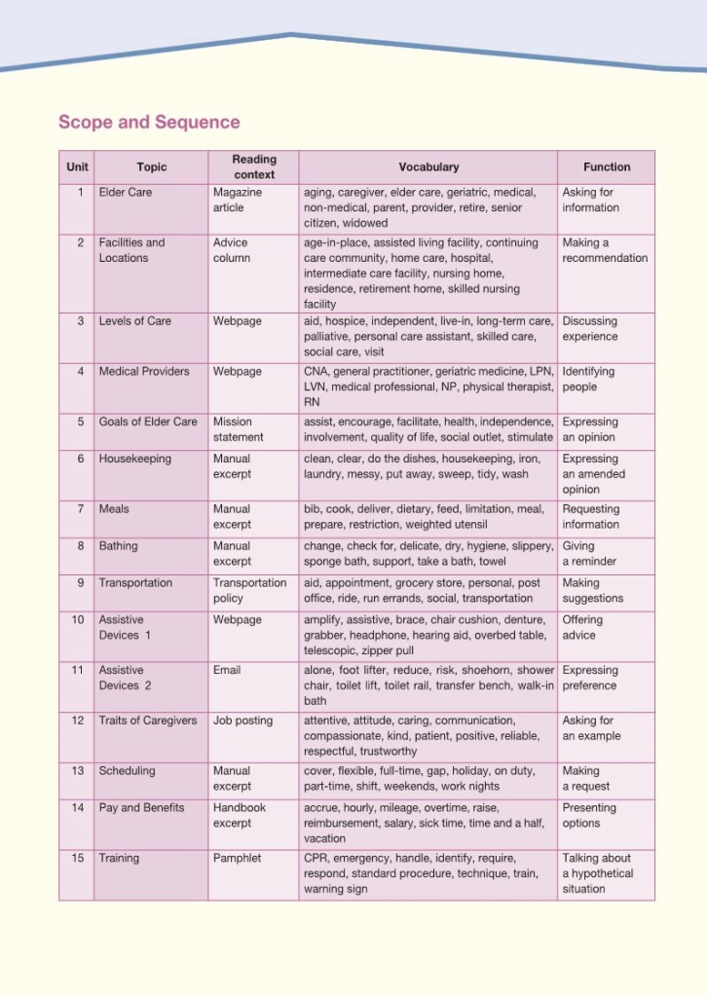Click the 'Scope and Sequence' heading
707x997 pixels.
click(x=149, y=122)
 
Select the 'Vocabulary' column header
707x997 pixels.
click(x=428, y=167)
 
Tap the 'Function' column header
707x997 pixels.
click(x=607, y=167)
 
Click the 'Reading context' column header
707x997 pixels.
click(x=254, y=166)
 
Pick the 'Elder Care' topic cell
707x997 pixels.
click(x=126, y=193)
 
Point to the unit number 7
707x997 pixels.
click(x=80, y=509)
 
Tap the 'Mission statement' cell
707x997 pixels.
click(x=234, y=429)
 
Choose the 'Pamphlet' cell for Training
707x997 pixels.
click(x=238, y=858)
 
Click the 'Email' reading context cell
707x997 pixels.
click(x=227, y=670)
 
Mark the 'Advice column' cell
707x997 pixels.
click(x=232, y=250)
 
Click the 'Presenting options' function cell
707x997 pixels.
click(x=589, y=815)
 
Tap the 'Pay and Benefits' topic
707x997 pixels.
click(x=141, y=807)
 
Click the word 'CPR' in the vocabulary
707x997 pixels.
click(x=316, y=858)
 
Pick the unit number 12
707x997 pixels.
click(x=78, y=720)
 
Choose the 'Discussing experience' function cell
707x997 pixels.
click(x=590, y=329)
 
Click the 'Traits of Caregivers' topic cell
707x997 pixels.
click(x=147, y=720)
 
